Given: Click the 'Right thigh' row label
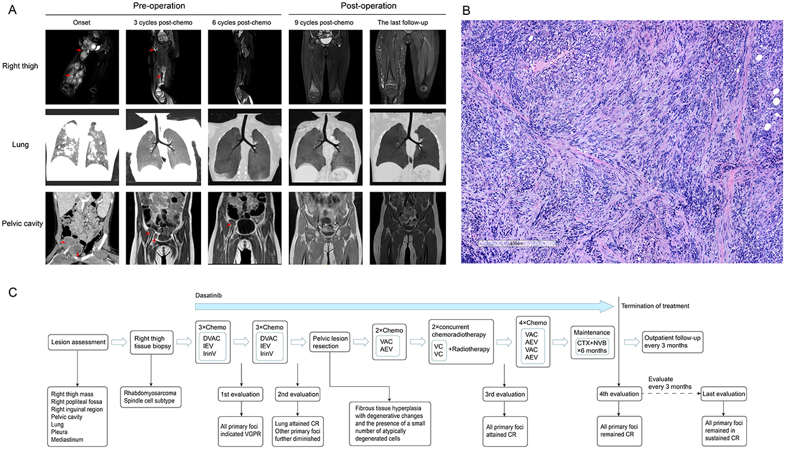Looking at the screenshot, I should coord(20,66).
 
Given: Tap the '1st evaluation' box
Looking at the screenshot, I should coord(241,393).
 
